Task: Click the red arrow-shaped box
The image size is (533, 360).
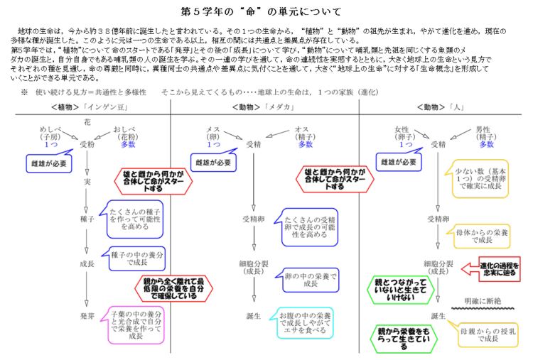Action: pyautogui.click(x=497, y=269)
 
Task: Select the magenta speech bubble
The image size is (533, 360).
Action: pyautogui.click(x=136, y=325)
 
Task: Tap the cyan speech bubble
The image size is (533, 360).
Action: pyautogui.click(x=305, y=323)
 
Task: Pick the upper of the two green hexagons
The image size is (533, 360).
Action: pyautogui.click(x=401, y=290)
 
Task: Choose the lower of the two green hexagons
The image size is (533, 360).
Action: pyautogui.click(x=404, y=339)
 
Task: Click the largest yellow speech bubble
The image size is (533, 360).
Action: pyautogui.click(x=480, y=179)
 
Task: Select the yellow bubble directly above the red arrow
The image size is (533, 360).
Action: pyautogui.click(x=482, y=236)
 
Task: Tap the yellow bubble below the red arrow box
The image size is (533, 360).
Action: pyautogui.click(x=488, y=335)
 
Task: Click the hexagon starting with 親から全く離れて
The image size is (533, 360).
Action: pyautogui.click(x=173, y=288)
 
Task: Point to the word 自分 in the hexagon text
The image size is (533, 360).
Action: pyautogui.click(x=196, y=288)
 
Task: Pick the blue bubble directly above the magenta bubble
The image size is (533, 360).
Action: pyautogui.click(x=136, y=258)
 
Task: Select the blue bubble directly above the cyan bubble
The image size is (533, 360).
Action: pyautogui.click(x=311, y=280)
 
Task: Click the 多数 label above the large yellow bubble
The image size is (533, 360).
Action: pyautogui.click(x=486, y=145)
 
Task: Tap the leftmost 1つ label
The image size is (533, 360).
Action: pyautogui.click(x=51, y=145)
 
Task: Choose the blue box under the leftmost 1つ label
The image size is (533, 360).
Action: pyautogui.click(x=48, y=163)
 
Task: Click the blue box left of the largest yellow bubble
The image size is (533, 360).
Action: pyautogui.click(x=398, y=162)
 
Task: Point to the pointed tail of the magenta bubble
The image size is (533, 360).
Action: pyautogui.click(x=101, y=321)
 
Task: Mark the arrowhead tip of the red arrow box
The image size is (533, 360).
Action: pyautogui.click(x=462, y=268)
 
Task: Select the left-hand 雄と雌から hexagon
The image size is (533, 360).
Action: pyautogui.click(x=154, y=180)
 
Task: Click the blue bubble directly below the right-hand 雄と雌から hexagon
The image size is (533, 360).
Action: pyautogui.click(x=309, y=227)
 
